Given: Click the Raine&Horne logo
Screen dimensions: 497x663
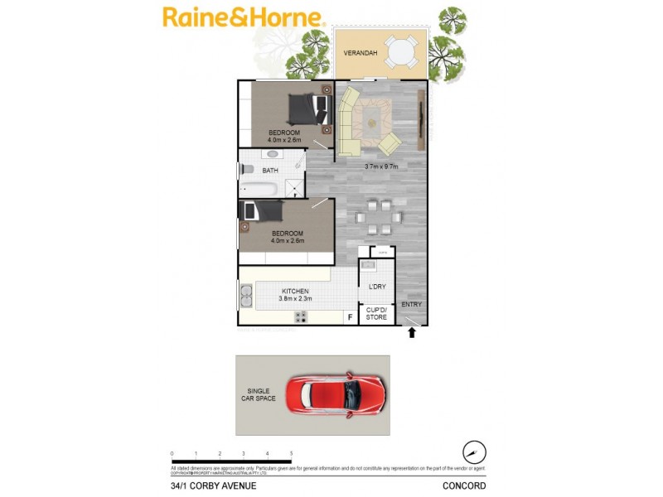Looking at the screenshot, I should [244, 17].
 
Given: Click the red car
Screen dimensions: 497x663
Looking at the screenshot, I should [336, 396].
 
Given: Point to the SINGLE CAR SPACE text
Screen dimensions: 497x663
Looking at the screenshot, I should [259, 396].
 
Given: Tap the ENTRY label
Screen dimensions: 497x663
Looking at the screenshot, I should [411, 305].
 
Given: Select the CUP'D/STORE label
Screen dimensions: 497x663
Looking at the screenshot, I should [377, 312].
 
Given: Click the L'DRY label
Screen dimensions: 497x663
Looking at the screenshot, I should [377, 287].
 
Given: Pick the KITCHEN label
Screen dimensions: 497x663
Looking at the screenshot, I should [295, 292].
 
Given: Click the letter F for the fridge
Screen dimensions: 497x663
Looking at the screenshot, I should [351, 316].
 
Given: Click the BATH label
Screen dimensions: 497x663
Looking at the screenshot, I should [270, 171].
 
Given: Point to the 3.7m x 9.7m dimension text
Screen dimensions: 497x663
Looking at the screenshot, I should [382, 166].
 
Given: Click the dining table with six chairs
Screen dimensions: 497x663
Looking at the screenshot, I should [377, 219].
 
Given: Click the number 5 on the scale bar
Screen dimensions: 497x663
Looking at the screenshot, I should [291, 454].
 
